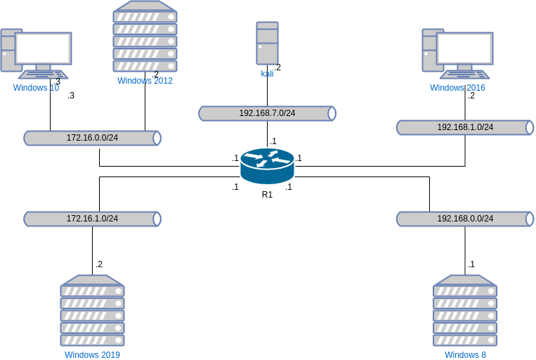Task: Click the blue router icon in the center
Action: (x=267, y=166)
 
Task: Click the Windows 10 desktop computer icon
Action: (x=36, y=53)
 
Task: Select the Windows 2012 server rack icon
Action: (x=145, y=37)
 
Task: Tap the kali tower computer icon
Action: (x=267, y=44)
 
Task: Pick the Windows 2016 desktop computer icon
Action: (x=457, y=53)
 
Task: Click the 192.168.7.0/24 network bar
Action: (x=267, y=113)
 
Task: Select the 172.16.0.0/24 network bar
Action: (x=92, y=138)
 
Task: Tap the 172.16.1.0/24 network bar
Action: (x=92, y=219)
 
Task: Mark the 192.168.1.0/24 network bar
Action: (x=465, y=127)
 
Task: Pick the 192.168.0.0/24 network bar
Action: (x=465, y=219)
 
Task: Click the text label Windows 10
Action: (x=36, y=88)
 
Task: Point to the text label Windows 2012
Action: (x=145, y=81)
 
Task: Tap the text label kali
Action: (x=267, y=73)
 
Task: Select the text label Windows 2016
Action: (x=457, y=88)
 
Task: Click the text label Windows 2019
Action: (x=92, y=354)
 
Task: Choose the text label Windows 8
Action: (x=465, y=354)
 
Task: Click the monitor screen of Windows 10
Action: (x=44, y=48)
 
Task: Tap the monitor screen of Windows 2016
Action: (x=465, y=48)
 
